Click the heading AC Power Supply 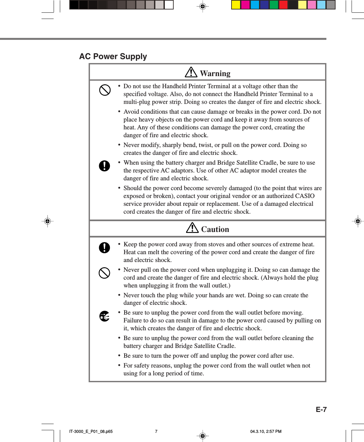[x=113, y=57]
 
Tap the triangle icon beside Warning [x=191, y=72]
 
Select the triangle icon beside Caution [x=192, y=228]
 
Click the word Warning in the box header [x=215, y=74]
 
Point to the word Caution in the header [x=215, y=229]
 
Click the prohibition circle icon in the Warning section [x=105, y=90]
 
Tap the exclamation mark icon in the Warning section [x=104, y=166]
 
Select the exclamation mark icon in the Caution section [x=104, y=247]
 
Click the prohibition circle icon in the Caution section [x=104, y=273]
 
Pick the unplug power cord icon [x=104, y=316]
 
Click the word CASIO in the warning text [x=304, y=196]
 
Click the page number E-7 [x=321, y=410]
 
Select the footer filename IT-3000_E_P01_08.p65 [x=91, y=432]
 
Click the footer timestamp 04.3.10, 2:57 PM [x=266, y=432]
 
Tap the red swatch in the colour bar [x=283, y=5]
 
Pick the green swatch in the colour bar [x=274, y=5]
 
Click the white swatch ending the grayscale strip [x=169, y=5]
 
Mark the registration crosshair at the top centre [x=202, y=6]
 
